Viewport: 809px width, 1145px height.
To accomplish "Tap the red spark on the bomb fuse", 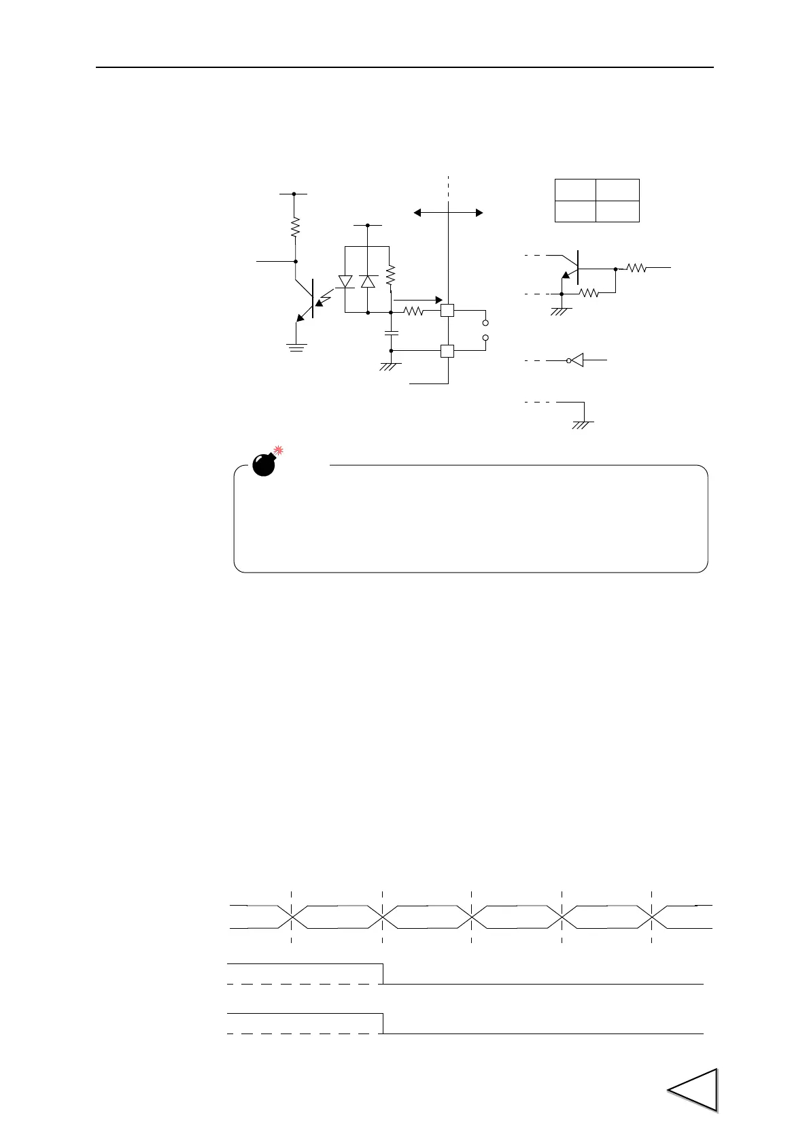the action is pos(278,450).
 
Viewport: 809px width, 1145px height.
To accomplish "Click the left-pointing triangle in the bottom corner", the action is pos(693,1090).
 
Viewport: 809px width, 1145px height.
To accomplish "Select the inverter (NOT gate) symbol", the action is pos(576,360).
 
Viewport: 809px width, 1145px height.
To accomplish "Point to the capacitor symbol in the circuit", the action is pos(391,332).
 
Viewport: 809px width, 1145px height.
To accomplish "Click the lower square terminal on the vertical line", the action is pos(447,351).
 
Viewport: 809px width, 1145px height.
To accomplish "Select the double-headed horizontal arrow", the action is pos(449,213).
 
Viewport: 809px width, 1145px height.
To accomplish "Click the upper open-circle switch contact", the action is pos(485,322).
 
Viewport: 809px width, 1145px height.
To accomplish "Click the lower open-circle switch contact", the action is pos(485,338).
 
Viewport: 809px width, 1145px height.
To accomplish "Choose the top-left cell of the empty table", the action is pos(575,190).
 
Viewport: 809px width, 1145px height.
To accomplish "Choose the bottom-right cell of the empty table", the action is pos(618,211).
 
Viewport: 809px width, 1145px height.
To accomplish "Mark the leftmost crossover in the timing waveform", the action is pos(292,917).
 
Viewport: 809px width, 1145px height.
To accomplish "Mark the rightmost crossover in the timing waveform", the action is pos(652,917).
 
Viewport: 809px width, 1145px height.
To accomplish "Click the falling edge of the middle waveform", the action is pos(383,974).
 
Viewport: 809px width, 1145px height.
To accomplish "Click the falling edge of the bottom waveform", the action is pos(383,1023).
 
